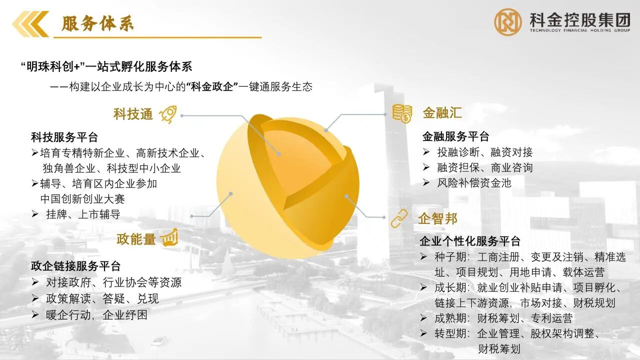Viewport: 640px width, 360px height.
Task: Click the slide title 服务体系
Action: [x=97, y=23]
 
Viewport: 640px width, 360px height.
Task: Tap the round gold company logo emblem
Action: [x=507, y=22]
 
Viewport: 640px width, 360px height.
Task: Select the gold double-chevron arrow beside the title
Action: [x=30, y=24]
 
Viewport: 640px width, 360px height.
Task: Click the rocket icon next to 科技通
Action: [x=168, y=114]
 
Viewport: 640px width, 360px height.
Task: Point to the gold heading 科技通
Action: [x=133, y=114]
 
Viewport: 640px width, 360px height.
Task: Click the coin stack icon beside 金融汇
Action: [x=402, y=113]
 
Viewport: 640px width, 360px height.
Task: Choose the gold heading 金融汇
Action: [x=442, y=112]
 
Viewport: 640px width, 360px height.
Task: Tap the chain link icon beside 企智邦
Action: [x=399, y=218]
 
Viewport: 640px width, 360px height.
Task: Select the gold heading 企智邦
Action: [x=437, y=219]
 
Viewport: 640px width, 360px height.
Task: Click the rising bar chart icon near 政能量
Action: [x=169, y=237]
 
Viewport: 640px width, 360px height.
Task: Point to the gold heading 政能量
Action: [x=136, y=239]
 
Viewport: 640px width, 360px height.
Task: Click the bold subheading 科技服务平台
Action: [x=64, y=137]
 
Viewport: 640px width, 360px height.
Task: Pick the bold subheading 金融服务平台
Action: [x=455, y=136]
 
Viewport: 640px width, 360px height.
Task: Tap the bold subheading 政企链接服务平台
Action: [x=75, y=266]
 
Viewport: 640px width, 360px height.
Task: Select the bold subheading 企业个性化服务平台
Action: [x=470, y=241]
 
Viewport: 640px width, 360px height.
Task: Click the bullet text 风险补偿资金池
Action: [x=474, y=183]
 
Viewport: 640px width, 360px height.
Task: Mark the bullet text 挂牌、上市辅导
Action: [x=83, y=214]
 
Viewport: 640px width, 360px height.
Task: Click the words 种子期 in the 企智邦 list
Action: [x=450, y=257]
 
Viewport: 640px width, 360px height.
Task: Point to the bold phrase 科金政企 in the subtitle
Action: [x=212, y=86]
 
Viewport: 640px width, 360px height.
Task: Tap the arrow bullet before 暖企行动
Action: [x=35, y=315]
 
